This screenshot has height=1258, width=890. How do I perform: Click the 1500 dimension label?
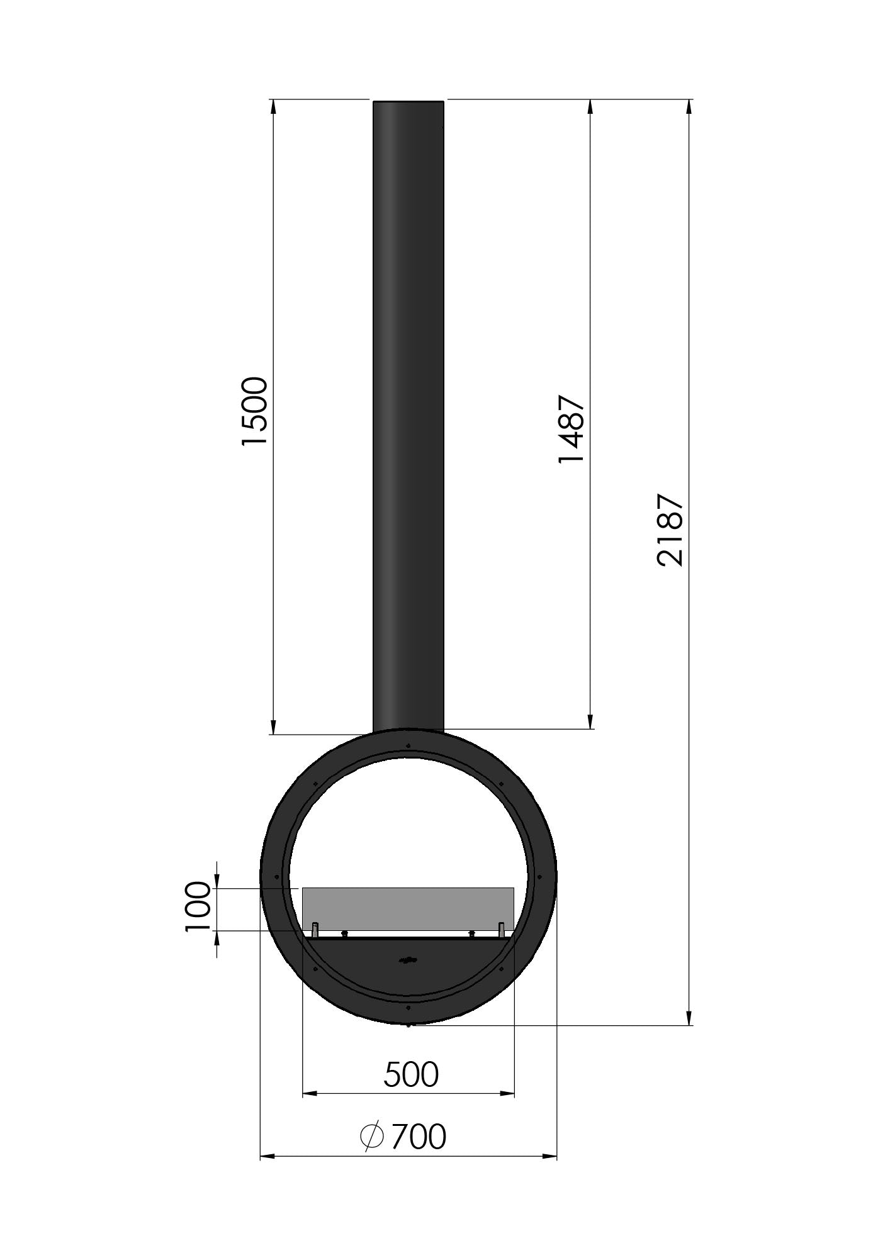(255, 411)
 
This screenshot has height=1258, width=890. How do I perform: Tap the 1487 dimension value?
(572, 429)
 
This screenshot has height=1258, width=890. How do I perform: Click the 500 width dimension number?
(410, 1074)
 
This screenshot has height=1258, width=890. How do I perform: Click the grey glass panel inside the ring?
(408, 908)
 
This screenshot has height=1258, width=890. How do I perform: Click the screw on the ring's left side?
(277, 877)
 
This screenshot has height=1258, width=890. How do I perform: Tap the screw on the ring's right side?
(539, 877)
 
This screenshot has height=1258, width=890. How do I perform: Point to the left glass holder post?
(315, 928)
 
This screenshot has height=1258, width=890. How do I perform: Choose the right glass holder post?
(502, 928)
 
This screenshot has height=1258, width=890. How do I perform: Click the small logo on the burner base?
(408, 977)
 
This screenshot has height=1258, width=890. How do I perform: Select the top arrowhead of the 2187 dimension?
(689, 107)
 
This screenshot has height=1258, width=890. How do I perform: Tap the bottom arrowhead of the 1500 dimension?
(273, 726)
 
